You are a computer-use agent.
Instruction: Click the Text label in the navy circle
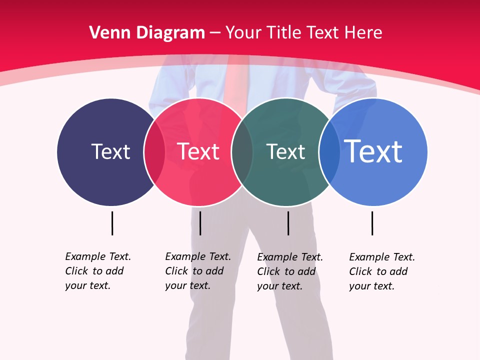coord(110,151)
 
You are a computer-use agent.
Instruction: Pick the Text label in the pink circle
coord(198,151)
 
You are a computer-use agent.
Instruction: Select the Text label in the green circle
coord(285,151)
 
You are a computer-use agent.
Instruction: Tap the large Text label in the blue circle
coord(373,151)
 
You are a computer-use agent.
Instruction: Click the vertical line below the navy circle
coord(112,223)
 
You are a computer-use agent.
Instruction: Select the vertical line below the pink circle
coord(200,223)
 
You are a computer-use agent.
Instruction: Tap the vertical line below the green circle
coord(288,223)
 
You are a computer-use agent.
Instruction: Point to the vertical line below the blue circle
coord(372,223)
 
